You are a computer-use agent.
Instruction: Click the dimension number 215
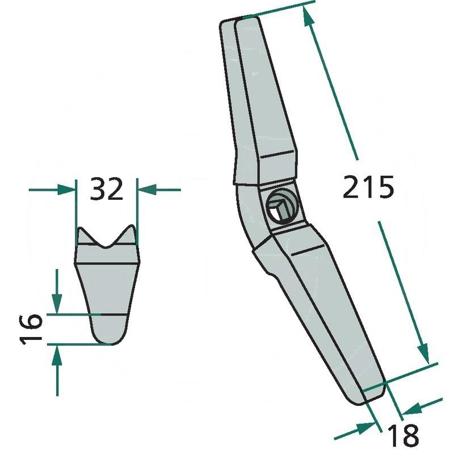(x=368, y=188)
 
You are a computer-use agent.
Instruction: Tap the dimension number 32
(x=107, y=189)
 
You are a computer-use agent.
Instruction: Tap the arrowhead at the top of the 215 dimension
(x=309, y=18)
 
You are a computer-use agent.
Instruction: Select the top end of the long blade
(x=241, y=20)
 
